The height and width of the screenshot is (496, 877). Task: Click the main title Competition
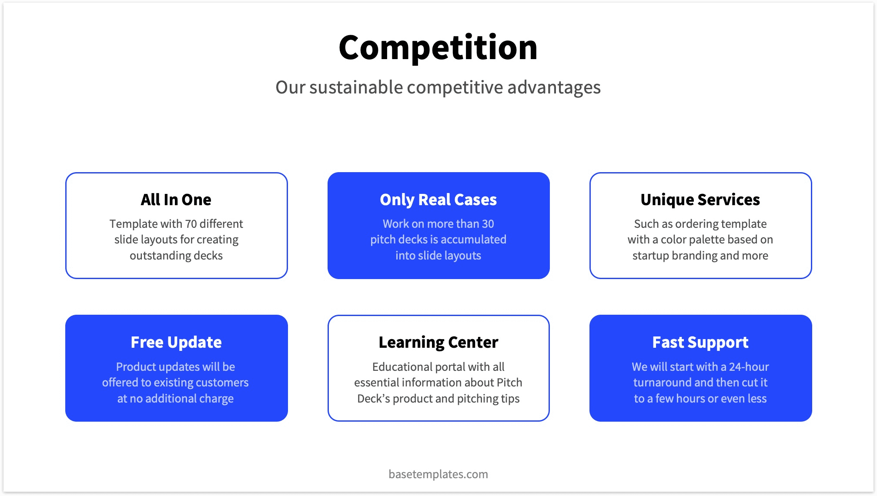[x=438, y=48]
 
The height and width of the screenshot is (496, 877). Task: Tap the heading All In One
[x=176, y=200]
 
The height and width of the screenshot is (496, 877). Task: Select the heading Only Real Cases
[x=438, y=200]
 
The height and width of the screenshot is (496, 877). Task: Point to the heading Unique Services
[x=700, y=200]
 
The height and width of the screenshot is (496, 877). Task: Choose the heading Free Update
[x=176, y=343]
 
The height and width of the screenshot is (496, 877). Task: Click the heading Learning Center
[x=438, y=343]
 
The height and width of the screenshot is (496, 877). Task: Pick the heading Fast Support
[x=700, y=343]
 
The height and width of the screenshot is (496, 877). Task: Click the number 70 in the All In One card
[x=191, y=224]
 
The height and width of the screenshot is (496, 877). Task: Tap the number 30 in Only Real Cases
[x=488, y=224]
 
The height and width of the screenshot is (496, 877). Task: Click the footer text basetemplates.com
[x=438, y=474]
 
